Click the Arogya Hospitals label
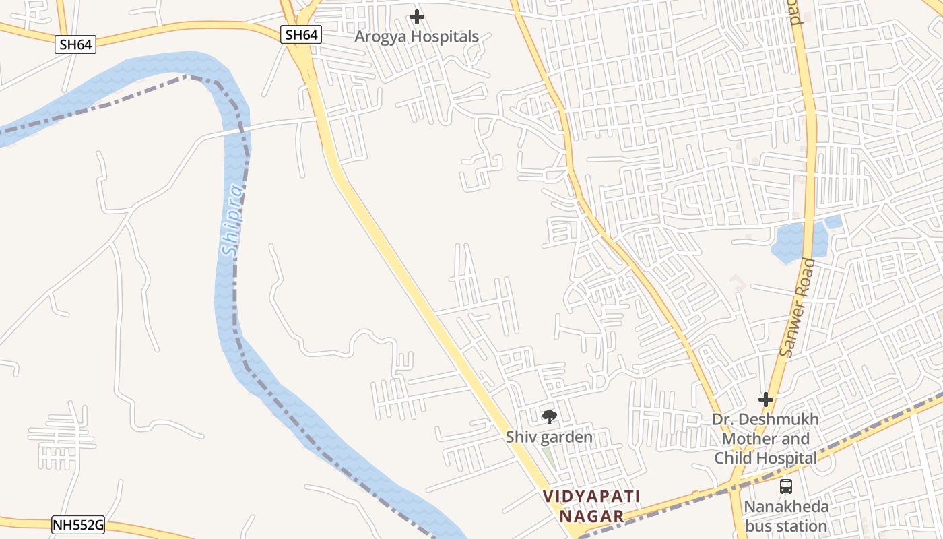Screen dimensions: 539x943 [417, 36]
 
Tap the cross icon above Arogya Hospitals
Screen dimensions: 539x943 [417, 17]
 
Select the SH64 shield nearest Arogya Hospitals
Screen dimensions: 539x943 [301, 34]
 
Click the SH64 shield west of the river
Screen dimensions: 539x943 [75, 44]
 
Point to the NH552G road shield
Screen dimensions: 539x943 [78, 524]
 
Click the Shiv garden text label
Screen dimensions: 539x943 [549, 437]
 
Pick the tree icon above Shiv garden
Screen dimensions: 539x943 [550, 417]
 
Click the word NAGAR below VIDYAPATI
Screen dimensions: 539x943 [591, 516]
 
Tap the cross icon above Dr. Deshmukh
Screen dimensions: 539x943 [766, 400]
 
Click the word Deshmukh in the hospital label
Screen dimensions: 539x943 [782, 419]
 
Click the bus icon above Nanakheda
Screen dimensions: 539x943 [785, 486]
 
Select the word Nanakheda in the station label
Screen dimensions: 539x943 [786, 507]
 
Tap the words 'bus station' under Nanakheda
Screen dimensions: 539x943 [786, 526]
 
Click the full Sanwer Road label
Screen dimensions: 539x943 [797, 308]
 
